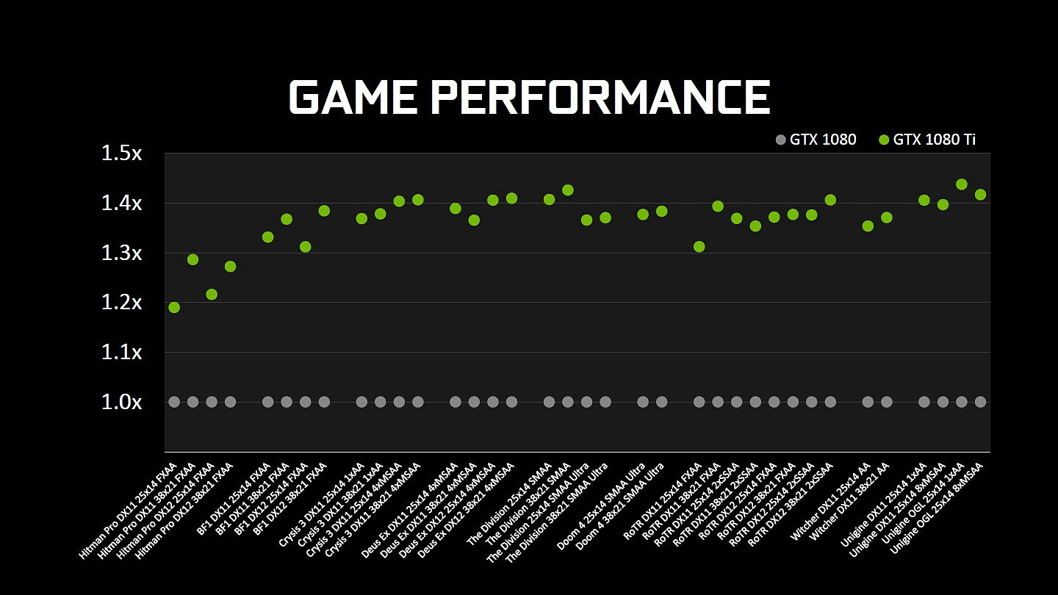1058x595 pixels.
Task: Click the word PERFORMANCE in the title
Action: (600, 97)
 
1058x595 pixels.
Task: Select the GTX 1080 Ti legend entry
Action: (926, 140)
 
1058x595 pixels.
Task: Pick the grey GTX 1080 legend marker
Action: (780, 140)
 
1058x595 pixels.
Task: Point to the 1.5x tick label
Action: (121, 154)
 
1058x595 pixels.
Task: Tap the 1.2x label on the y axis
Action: (121, 303)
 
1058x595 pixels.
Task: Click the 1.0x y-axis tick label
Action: (121, 403)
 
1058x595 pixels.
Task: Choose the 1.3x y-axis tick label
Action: (121, 253)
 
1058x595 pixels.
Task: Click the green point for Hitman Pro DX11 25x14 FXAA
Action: (174, 307)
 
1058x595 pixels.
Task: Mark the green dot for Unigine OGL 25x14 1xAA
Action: (961, 184)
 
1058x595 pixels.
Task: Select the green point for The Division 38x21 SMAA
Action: (567, 190)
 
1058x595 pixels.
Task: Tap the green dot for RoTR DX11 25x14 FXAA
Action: (699, 247)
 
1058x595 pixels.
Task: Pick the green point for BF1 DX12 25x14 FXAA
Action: (305, 247)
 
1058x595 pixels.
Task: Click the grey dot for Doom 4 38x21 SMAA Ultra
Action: (661, 402)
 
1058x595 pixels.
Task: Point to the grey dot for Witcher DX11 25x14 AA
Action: (868, 402)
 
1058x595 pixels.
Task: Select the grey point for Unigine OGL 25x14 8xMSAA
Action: (980, 402)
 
